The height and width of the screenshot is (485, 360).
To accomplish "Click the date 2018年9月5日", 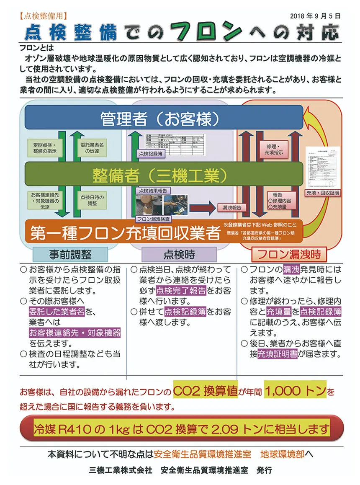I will pyautogui.click(x=315, y=16).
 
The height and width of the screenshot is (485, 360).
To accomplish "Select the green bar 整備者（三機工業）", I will pyautogui.click(x=163, y=174).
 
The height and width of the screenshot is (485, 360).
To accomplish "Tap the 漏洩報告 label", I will pyautogui.click(x=232, y=207).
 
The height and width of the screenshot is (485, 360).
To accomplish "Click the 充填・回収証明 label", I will pyautogui.click(x=323, y=193).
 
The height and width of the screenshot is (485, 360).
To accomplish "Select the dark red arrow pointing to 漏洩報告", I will pyautogui.click(x=199, y=207).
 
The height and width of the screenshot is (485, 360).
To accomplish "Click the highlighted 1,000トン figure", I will pyautogui.click(x=296, y=391).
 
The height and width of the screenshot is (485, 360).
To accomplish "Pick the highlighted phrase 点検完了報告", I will pyautogui.click(x=181, y=290).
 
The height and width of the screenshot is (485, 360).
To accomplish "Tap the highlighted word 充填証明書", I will pyautogui.click(x=278, y=354).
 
